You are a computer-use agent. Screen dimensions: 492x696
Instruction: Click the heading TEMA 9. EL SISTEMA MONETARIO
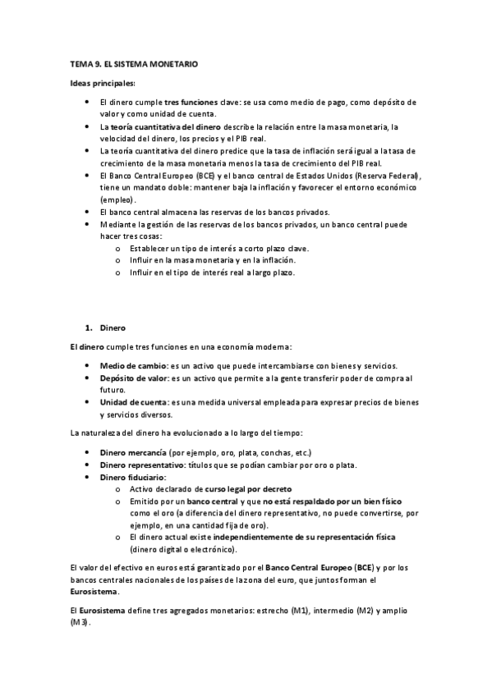[x=134, y=63]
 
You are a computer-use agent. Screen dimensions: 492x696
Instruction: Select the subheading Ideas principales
[x=103, y=83]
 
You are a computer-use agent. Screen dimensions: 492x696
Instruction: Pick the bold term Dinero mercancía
[x=132, y=453]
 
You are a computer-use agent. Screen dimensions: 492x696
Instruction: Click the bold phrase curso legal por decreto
[x=246, y=489]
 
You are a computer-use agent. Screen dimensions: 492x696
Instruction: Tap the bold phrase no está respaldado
[x=297, y=501]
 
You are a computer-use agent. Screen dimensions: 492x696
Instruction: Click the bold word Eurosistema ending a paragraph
[x=94, y=591]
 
